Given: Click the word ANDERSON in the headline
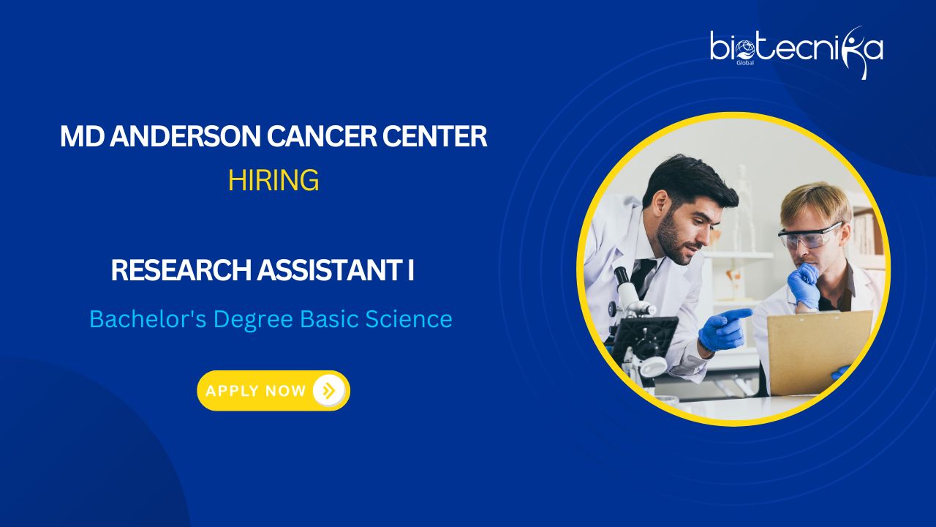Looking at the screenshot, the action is point(185,136).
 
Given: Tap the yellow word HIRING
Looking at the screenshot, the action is point(273,180).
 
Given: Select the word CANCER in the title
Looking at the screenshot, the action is point(322,136).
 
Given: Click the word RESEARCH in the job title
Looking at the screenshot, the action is point(181,270).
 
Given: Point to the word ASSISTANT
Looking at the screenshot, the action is point(328,270).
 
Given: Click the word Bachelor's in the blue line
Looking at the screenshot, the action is point(148,319).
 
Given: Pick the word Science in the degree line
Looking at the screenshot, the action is point(409,319).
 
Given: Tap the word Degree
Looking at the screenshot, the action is point(253,320).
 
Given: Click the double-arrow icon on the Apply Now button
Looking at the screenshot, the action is point(328,391).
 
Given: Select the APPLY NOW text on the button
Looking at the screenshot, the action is point(256,391).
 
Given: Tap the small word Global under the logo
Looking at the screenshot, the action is point(745,63).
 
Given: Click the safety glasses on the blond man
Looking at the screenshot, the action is point(809,235).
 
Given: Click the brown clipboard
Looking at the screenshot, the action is point(820,352).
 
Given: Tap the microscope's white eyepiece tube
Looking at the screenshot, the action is point(629,289).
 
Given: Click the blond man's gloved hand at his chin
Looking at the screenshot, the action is point(803,285).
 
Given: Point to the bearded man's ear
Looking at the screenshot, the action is point(660,203).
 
